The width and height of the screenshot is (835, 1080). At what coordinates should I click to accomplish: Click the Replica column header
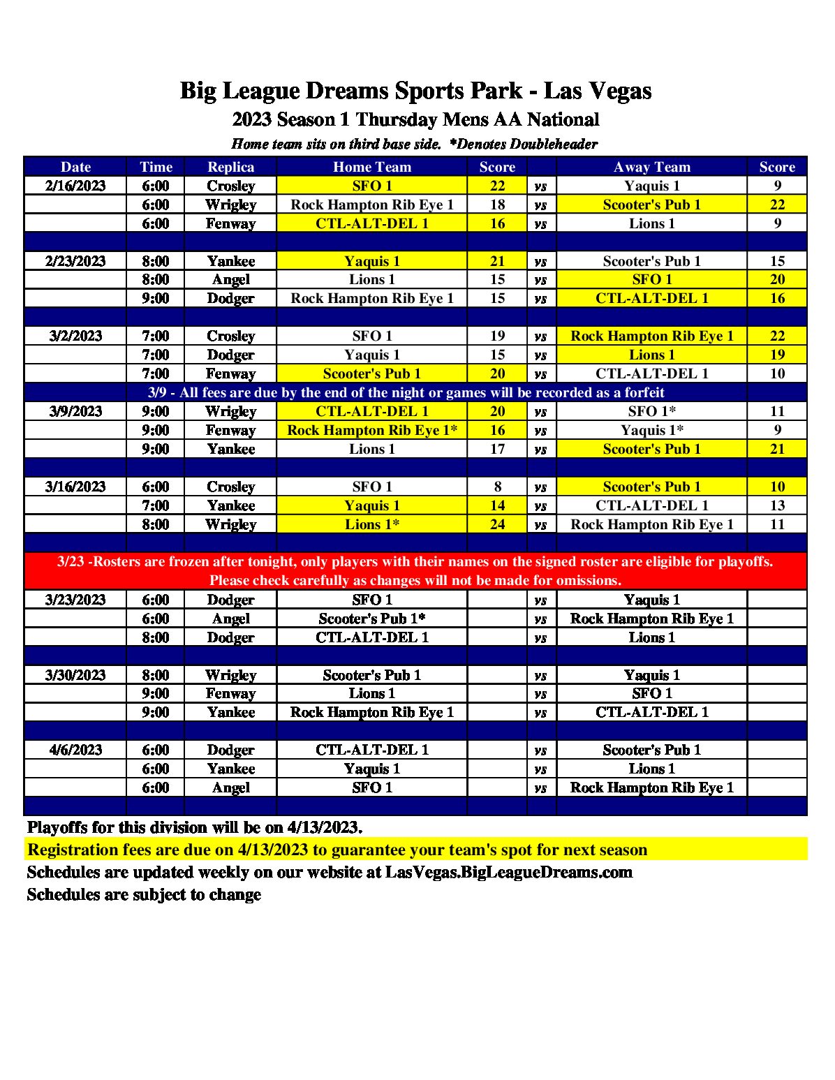click(x=230, y=167)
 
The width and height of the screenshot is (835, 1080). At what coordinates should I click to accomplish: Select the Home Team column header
click(x=371, y=167)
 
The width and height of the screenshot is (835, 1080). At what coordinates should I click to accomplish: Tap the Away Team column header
click(x=651, y=167)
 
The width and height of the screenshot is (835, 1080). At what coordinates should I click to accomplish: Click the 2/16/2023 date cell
click(x=75, y=186)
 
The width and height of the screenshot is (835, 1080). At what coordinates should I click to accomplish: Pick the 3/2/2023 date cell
click(x=75, y=336)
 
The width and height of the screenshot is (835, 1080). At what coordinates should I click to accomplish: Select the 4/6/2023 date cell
click(x=75, y=750)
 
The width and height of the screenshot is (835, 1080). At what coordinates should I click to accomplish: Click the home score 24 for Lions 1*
click(x=497, y=524)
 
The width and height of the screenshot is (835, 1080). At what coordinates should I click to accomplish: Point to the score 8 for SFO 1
click(x=497, y=487)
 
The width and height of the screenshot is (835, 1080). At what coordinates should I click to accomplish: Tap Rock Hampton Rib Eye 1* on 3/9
click(x=371, y=430)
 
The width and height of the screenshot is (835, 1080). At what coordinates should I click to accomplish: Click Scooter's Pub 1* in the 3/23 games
click(x=371, y=619)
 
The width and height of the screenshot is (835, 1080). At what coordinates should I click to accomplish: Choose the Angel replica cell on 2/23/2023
click(x=230, y=279)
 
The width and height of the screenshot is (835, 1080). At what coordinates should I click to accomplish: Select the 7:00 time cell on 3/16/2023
click(x=156, y=505)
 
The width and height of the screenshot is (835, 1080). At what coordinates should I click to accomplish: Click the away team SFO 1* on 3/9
click(x=651, y=411)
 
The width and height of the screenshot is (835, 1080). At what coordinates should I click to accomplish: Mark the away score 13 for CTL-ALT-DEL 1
click(x=777, y=505)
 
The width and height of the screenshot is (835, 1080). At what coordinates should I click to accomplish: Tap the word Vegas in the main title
click(x=617, y=91)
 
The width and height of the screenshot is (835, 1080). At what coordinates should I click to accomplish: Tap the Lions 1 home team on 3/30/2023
click(x=371, y=693)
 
